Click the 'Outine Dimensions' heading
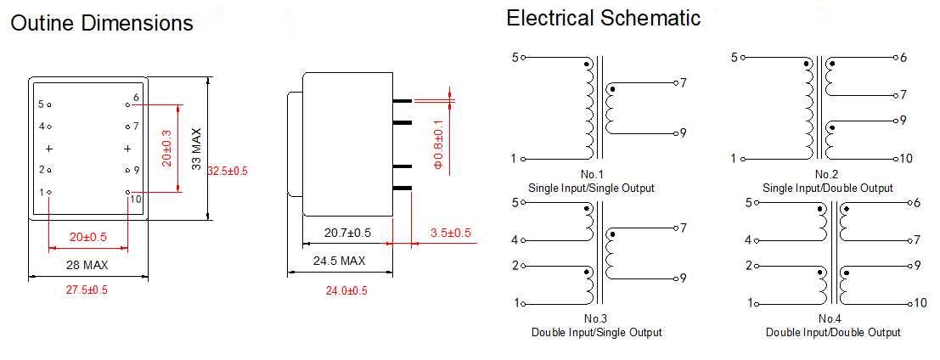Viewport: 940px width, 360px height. pyautogui.click(x=102, y=23)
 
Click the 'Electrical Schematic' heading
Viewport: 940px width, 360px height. pyautogui.click(x=604, y=18)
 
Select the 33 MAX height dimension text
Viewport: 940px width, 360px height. pyautogui.click(x=196, y=150)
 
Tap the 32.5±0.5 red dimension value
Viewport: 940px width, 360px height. pyautogui.click(x=228, y=171)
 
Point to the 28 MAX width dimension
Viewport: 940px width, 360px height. pyautogui.click(x=87, y=265)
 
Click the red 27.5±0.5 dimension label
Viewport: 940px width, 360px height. pyautogui.click(x=87, y=290)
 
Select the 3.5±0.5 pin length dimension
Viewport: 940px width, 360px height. pyautogui.click(x=451, y=233)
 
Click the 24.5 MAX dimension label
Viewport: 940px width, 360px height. pyautogui.click(x=339, y=261)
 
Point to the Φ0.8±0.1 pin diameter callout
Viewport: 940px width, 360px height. pyautogui.click(x=439, y=144)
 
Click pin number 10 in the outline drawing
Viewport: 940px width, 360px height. pyautogui.click(x=136, y=198)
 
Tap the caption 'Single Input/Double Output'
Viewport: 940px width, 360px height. pyautogui.click(x=827, y=188)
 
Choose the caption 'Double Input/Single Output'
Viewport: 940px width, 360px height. pyautogui.click(x=596, y=332)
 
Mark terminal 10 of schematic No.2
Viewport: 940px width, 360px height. pyautogui.click(x=906, y=159)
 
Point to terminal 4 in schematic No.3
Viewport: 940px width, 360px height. pyautogui.click(x=515, y=240)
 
